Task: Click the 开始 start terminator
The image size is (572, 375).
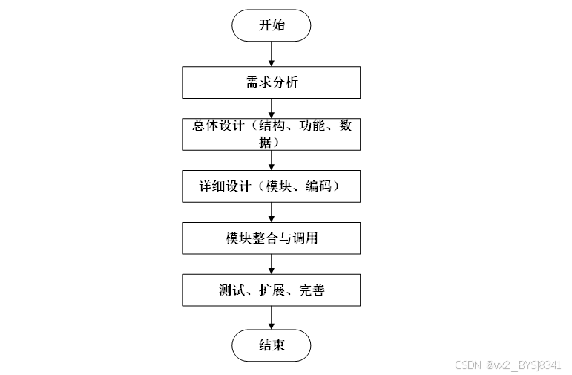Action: click(x=271, y=25)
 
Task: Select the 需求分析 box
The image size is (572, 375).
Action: click(x=271, y=82)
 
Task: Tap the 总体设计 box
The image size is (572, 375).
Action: click(x=271, y=134)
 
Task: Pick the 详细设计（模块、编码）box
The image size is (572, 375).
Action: click(x=271, y=186)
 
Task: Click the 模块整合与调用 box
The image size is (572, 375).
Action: click(x=271, y=238)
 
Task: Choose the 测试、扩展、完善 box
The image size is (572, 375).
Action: click(x=271, y=290)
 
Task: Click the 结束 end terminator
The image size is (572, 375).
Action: click(x=271, y=345)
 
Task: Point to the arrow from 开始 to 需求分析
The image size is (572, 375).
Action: click(x=271, y=53)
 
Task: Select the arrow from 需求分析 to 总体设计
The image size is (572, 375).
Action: click(x=271, y=108)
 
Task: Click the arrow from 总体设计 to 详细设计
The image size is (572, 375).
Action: click(x=271, y=160)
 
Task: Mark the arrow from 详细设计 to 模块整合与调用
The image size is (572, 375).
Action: click(x=271, y=212)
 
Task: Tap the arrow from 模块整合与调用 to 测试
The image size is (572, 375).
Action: click(x=271, y=264)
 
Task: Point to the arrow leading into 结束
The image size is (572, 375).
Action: click(x=271, y=318)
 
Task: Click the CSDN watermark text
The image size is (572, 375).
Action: click(x=507, y=365)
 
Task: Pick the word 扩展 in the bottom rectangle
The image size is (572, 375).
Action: click(x=272, y=290)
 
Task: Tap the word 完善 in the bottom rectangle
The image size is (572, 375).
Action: click(x=312, y=290)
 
